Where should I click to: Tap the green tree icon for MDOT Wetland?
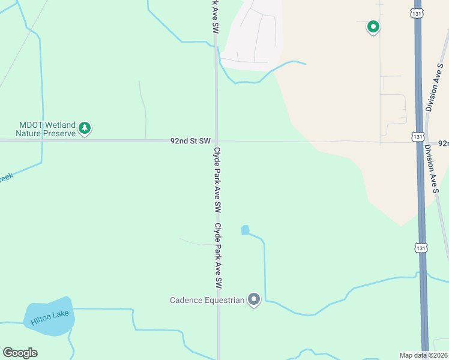coord(85,128)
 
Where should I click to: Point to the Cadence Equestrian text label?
coord(207,300)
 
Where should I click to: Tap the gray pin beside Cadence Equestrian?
coord(254,299)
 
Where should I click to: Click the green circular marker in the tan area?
coord(373,26)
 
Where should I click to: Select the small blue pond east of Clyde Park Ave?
coord(245,230)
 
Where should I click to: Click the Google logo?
coord(20,353)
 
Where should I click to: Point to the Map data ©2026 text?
coord(424,355)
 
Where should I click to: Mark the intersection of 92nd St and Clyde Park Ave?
coord(217,141)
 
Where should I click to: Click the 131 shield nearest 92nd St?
coord(418,137)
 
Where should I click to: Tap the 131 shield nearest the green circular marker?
coord(418,13)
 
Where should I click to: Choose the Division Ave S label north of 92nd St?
coord(436,89)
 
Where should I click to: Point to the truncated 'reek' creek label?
coord(6,178)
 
